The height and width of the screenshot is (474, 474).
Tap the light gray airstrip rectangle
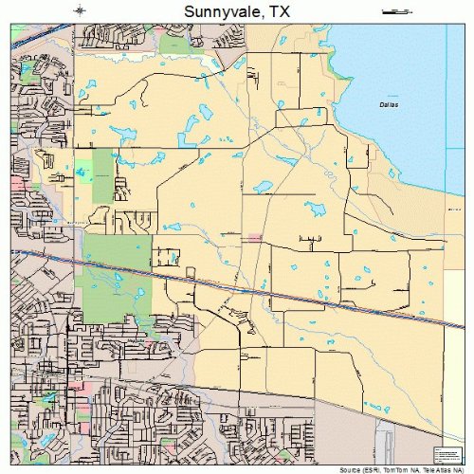coord(386,441)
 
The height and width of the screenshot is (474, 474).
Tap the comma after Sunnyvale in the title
coord(258,16)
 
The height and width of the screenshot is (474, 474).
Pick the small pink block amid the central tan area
coord(252,237)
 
